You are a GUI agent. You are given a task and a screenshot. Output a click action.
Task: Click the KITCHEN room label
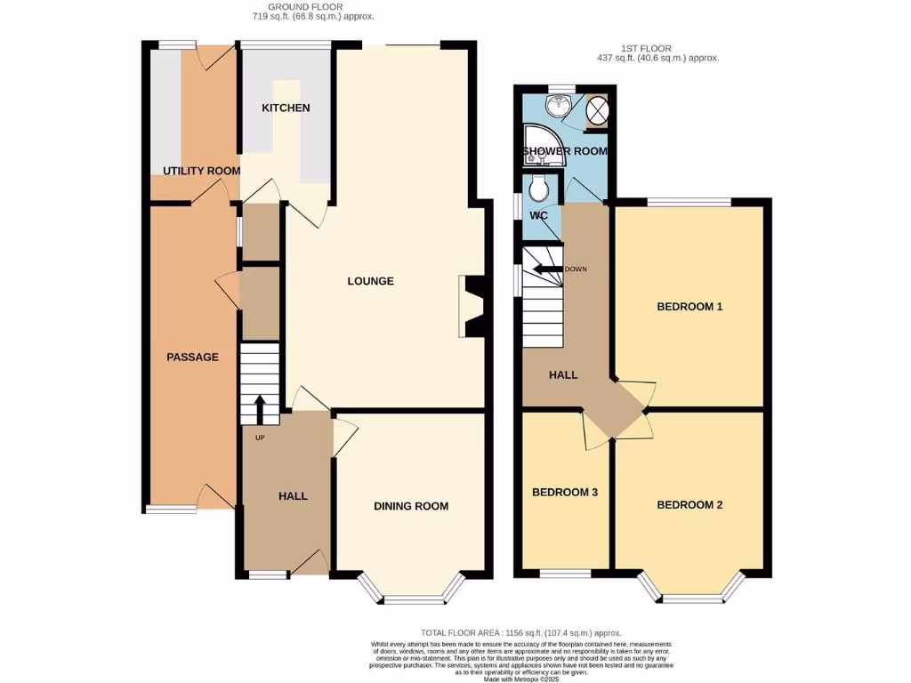point(286,108)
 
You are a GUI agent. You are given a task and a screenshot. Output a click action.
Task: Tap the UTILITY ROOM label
point(201,171)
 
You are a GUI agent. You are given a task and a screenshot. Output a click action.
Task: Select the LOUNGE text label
point(370,282)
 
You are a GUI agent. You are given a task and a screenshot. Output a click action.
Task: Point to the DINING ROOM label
point(410,506)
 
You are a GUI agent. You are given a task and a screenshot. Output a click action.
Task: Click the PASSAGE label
point(192,358)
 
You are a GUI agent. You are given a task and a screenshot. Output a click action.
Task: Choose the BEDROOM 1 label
point(689,307)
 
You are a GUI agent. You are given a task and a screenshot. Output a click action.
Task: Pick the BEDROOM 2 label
point(689,505)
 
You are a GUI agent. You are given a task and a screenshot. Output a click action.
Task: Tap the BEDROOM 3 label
point(565,493)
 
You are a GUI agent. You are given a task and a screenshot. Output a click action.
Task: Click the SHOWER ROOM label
point(565,151)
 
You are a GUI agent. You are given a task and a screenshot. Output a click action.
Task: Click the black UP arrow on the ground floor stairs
point(260,410)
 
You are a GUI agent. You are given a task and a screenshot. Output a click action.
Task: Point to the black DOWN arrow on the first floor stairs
point(544,269)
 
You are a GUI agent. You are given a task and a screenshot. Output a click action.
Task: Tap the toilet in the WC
point(537,189)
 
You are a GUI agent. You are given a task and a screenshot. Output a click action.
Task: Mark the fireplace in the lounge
point(471,307)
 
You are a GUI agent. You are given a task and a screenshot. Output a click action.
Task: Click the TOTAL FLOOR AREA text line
point(520,632)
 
